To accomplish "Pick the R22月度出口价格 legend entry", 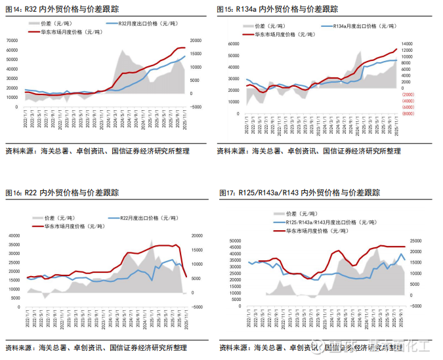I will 142,218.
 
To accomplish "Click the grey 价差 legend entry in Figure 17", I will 299,214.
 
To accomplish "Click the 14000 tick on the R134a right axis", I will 408,44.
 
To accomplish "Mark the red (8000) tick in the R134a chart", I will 408,113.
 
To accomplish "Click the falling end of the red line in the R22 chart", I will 186,276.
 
